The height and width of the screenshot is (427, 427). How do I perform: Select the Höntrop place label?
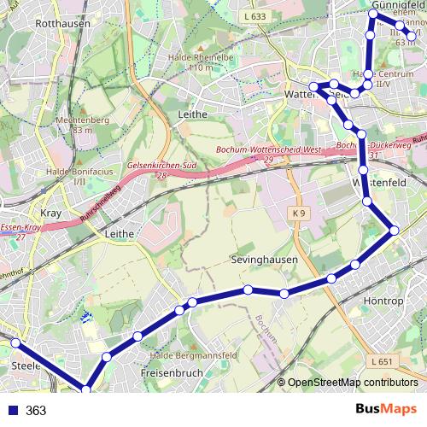(383, 301)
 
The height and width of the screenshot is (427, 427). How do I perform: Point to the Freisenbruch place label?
(170, 373)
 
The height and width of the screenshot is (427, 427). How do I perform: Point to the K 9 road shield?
(297, 211)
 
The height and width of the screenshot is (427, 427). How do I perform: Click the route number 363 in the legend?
(36, 411)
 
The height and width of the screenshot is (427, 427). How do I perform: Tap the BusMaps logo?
(388, 410)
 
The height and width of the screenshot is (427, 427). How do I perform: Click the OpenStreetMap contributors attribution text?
(352, 383)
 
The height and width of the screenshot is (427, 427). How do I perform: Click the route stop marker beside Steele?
(15, 342)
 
